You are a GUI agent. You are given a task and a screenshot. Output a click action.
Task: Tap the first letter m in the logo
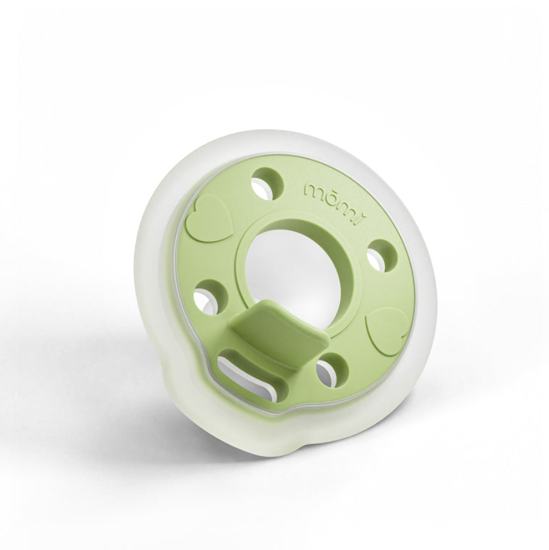click(313, 189)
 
